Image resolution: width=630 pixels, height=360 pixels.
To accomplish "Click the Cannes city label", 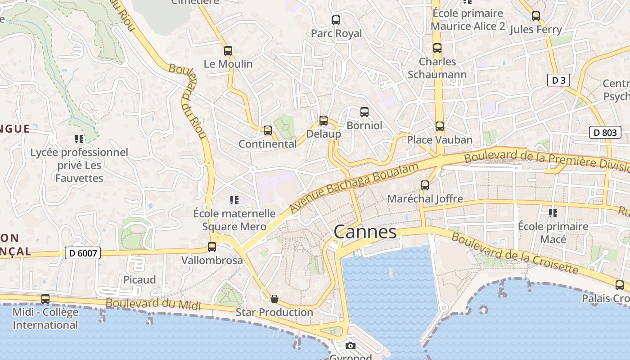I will tap(365, 232).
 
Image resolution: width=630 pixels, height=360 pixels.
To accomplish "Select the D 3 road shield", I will tap(558, 81).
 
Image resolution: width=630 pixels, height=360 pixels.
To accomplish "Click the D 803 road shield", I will tap(605, 132).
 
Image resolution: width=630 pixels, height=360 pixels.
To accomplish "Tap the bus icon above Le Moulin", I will tap(228, 51).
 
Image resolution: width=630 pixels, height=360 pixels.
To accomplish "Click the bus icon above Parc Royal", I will tap(336, 20).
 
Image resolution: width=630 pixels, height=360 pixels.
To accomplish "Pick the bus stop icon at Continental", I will tap(268, 130).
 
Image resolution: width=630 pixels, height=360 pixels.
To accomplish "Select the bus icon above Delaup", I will tap(324, 121).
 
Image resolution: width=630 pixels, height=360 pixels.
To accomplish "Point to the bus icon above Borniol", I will tap(364, 112).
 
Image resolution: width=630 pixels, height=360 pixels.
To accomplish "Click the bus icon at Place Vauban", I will tap(440, 126).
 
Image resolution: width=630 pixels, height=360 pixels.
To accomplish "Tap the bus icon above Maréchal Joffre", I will tap(425, 185).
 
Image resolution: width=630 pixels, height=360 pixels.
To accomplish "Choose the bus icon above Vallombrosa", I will tap(212, 247).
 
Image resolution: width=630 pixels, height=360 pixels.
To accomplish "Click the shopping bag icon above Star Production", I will tap(274, 299).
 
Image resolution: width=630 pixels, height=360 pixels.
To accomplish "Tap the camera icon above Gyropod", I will tap(351, 346).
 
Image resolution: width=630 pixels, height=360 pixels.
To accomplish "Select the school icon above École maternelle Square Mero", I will tap(234, 200).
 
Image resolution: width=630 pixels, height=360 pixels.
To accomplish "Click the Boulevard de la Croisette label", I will tap(514, 253).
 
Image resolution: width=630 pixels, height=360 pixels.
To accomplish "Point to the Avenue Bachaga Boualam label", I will tap(354, 188).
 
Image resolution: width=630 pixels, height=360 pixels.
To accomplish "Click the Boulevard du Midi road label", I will tap(153, 304).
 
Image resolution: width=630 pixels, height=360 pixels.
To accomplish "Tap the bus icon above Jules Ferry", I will tap(536, 16).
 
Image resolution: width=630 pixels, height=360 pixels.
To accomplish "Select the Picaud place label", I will tap(139, 280).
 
